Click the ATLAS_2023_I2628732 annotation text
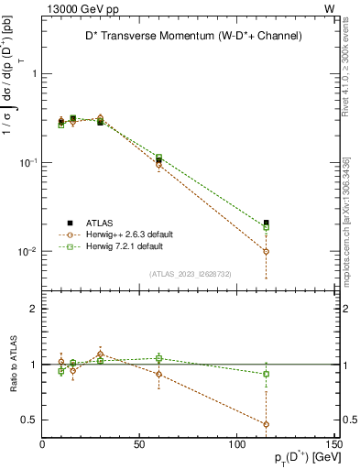(x=189, y=273)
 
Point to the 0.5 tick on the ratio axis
(x=31, y=420)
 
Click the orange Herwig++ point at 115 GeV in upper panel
(x=266, y=251)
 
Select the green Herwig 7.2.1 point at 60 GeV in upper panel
(x=159, y=158)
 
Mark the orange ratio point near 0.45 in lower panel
(x=266, y=424)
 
